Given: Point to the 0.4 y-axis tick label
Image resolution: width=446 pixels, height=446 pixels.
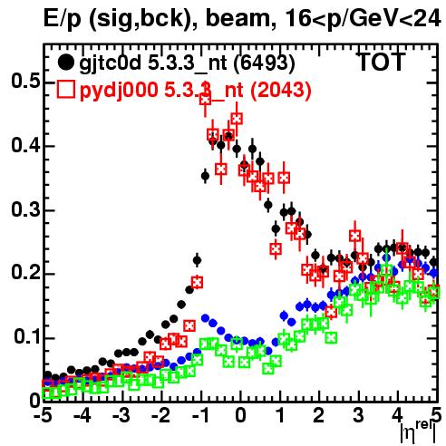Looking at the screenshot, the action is pyautogui.click(x=26, y=145).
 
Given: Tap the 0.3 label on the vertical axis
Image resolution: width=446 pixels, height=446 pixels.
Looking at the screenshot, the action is pyautogui.click(x=26, y=209).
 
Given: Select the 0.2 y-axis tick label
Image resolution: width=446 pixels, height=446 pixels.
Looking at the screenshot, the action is pyautogui.click(x=26, y=273).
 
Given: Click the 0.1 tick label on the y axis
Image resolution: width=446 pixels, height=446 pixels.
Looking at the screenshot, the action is pyautogui.click(x=27, y=337).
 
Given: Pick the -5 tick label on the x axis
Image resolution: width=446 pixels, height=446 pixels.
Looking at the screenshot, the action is pyautogui.click(x=43, y=416).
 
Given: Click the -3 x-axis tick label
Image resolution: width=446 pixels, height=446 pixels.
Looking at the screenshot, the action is pyautogui.click(x=121, y=416).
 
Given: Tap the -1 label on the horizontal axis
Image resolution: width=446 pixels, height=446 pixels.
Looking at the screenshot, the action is pyautogui.click(x=199, y=416).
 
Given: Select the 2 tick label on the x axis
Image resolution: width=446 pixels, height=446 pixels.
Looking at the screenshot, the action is pyautogui.click(x=319, y=416).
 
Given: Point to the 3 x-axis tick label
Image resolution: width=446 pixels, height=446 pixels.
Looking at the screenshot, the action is pyautogui.click(x=358, y=416).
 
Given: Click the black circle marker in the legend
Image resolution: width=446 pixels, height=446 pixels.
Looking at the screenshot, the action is pyautogui.click(x=65, y=63).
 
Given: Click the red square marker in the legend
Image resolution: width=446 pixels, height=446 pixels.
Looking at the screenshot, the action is pyautogui.click(x=65, y=89).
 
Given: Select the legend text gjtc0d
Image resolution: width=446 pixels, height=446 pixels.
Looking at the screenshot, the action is pyautogui.click(x=111, y=63).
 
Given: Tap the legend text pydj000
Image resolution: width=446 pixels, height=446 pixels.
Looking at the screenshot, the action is pyautogui.click(x=119, y=90).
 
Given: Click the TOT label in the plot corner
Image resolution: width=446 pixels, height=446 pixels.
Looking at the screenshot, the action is pyautogui.click(x=382, y=63).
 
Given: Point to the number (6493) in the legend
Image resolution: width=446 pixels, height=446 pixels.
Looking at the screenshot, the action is pyautogui.click(x=265, y=63).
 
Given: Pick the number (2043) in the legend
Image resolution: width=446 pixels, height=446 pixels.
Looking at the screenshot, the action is pyautogui.click(x=281, y=90).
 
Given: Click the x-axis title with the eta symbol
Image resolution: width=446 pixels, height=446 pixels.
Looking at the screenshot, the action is pyautogui.click(x=418, y=432).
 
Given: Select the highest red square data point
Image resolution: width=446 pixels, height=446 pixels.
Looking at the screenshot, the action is pyautogui.click(x=205, y=99).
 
